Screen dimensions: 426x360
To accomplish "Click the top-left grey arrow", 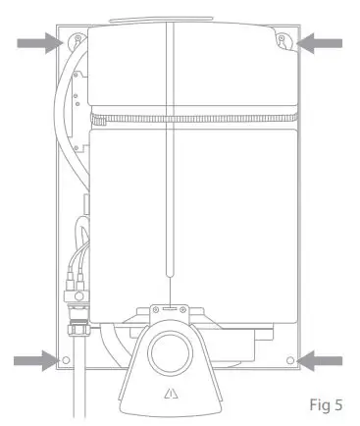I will [x=42, y=42].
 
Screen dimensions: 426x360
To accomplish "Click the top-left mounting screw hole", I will [x=77, y=40].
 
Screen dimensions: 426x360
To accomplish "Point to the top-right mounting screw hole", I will [x=283, y=40].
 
